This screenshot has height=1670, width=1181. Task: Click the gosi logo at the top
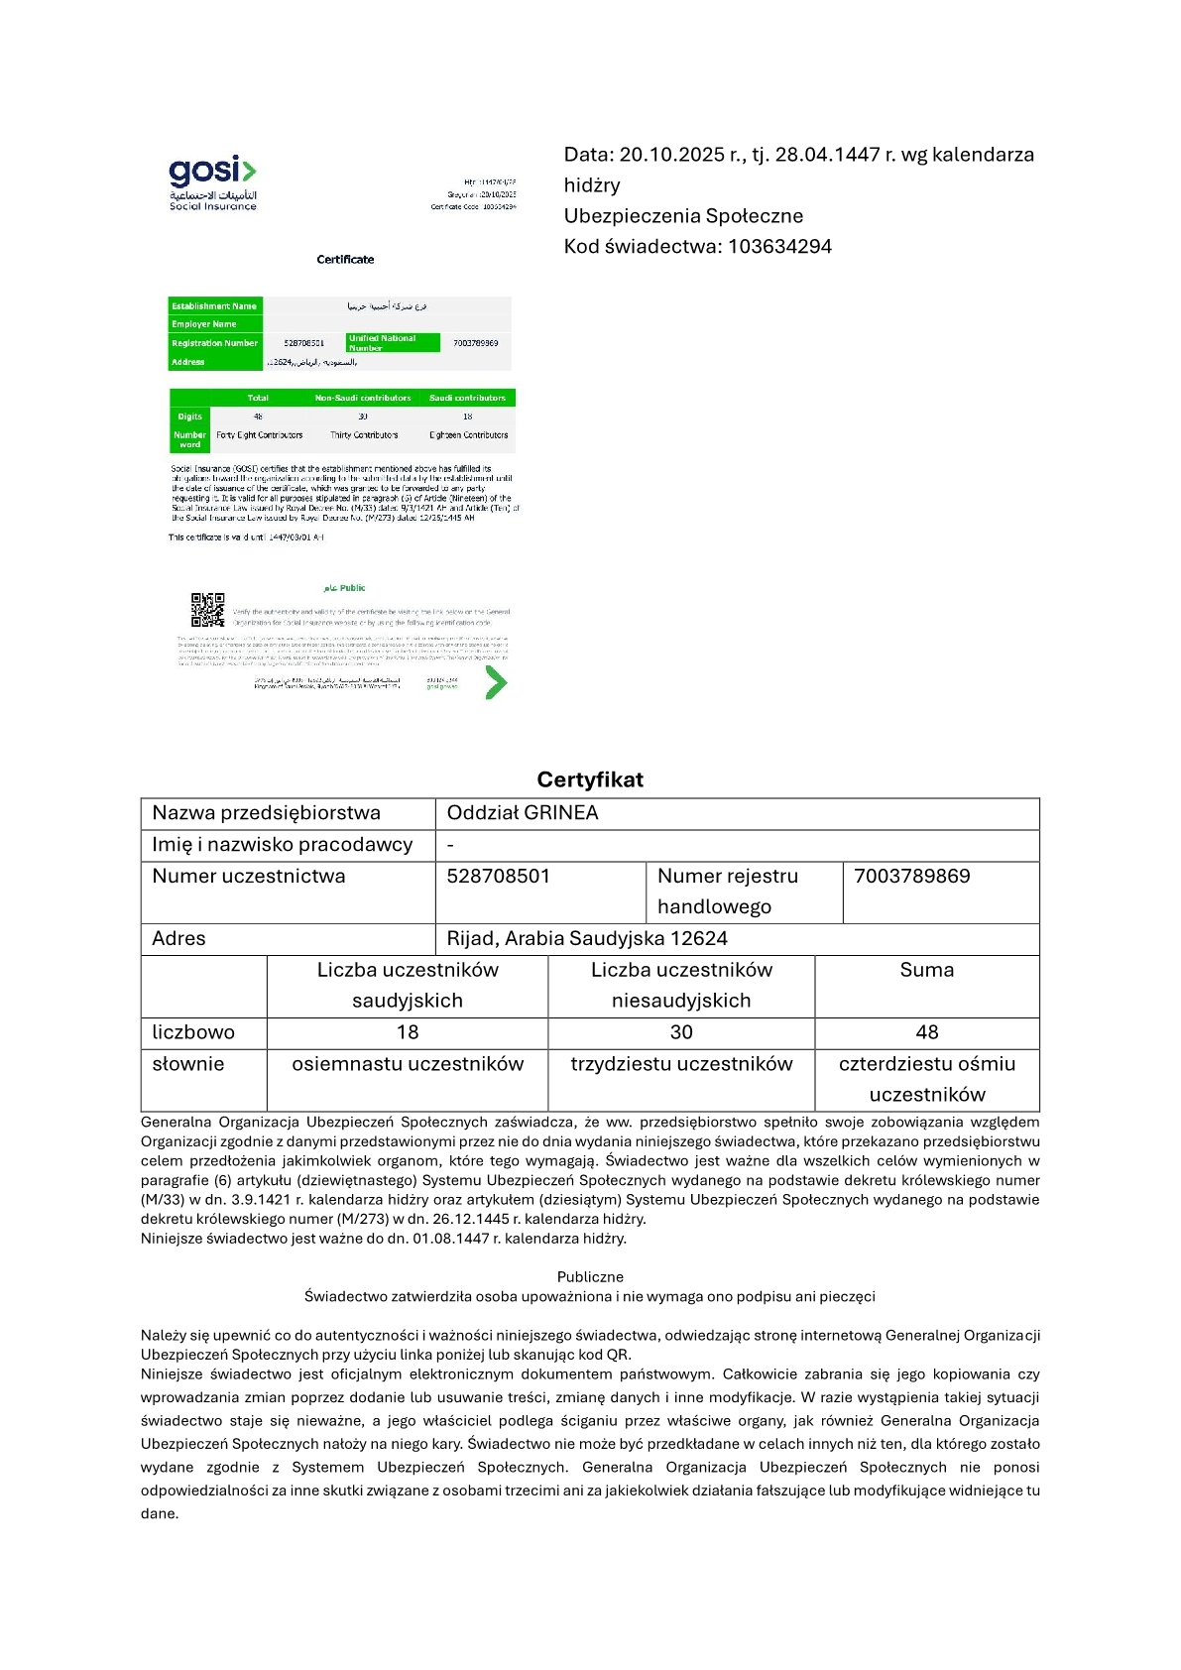pyautogui.click(x=212, y=181)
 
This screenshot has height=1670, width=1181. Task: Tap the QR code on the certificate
pyautogui.click(x=207, y=610)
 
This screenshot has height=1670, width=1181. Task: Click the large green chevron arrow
pyautogui.click(x=496, y=682)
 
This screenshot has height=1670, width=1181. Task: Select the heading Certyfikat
pyautogui.click(x=590, y=779)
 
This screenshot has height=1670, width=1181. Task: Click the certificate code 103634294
pyautogui.click(x=779, y=246)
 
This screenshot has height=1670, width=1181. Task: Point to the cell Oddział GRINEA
pyautogui.click(x=523, y=813)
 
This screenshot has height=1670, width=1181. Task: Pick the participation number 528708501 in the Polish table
pyautogui.click(x=498, y=877)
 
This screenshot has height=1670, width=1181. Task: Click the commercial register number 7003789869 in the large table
pyautogui.click(x=911, y=877)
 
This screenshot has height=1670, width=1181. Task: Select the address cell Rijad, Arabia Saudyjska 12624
pyautogui.click(x=587, y=939)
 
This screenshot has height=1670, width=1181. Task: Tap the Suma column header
pyautogui.click(x=926, y=970)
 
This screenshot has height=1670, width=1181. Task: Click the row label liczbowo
pyautogui.click(x=193, y=1032)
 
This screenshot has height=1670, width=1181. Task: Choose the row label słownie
pyautogui.click(x=188, y=1064)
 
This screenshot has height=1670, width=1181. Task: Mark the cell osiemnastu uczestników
pyautogui.click(x=408, y=1064)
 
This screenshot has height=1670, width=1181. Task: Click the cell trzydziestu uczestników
pyautogui.click(x=681, y=1064)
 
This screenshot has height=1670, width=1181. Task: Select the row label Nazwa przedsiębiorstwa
pyautogui.click(x=266, y=813)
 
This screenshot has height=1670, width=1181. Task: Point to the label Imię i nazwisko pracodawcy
pyautogui.click(x=282, y=845)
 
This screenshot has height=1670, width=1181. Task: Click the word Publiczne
pyautogui.click(x=590, y=1277)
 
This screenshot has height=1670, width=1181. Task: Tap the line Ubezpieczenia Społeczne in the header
pyautogui.click(x=683, y=216)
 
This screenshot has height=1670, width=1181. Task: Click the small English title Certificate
pyautogui.click(x=345, y=260)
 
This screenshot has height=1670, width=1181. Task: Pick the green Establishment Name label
pyautogui.click(x=214, y=306)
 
